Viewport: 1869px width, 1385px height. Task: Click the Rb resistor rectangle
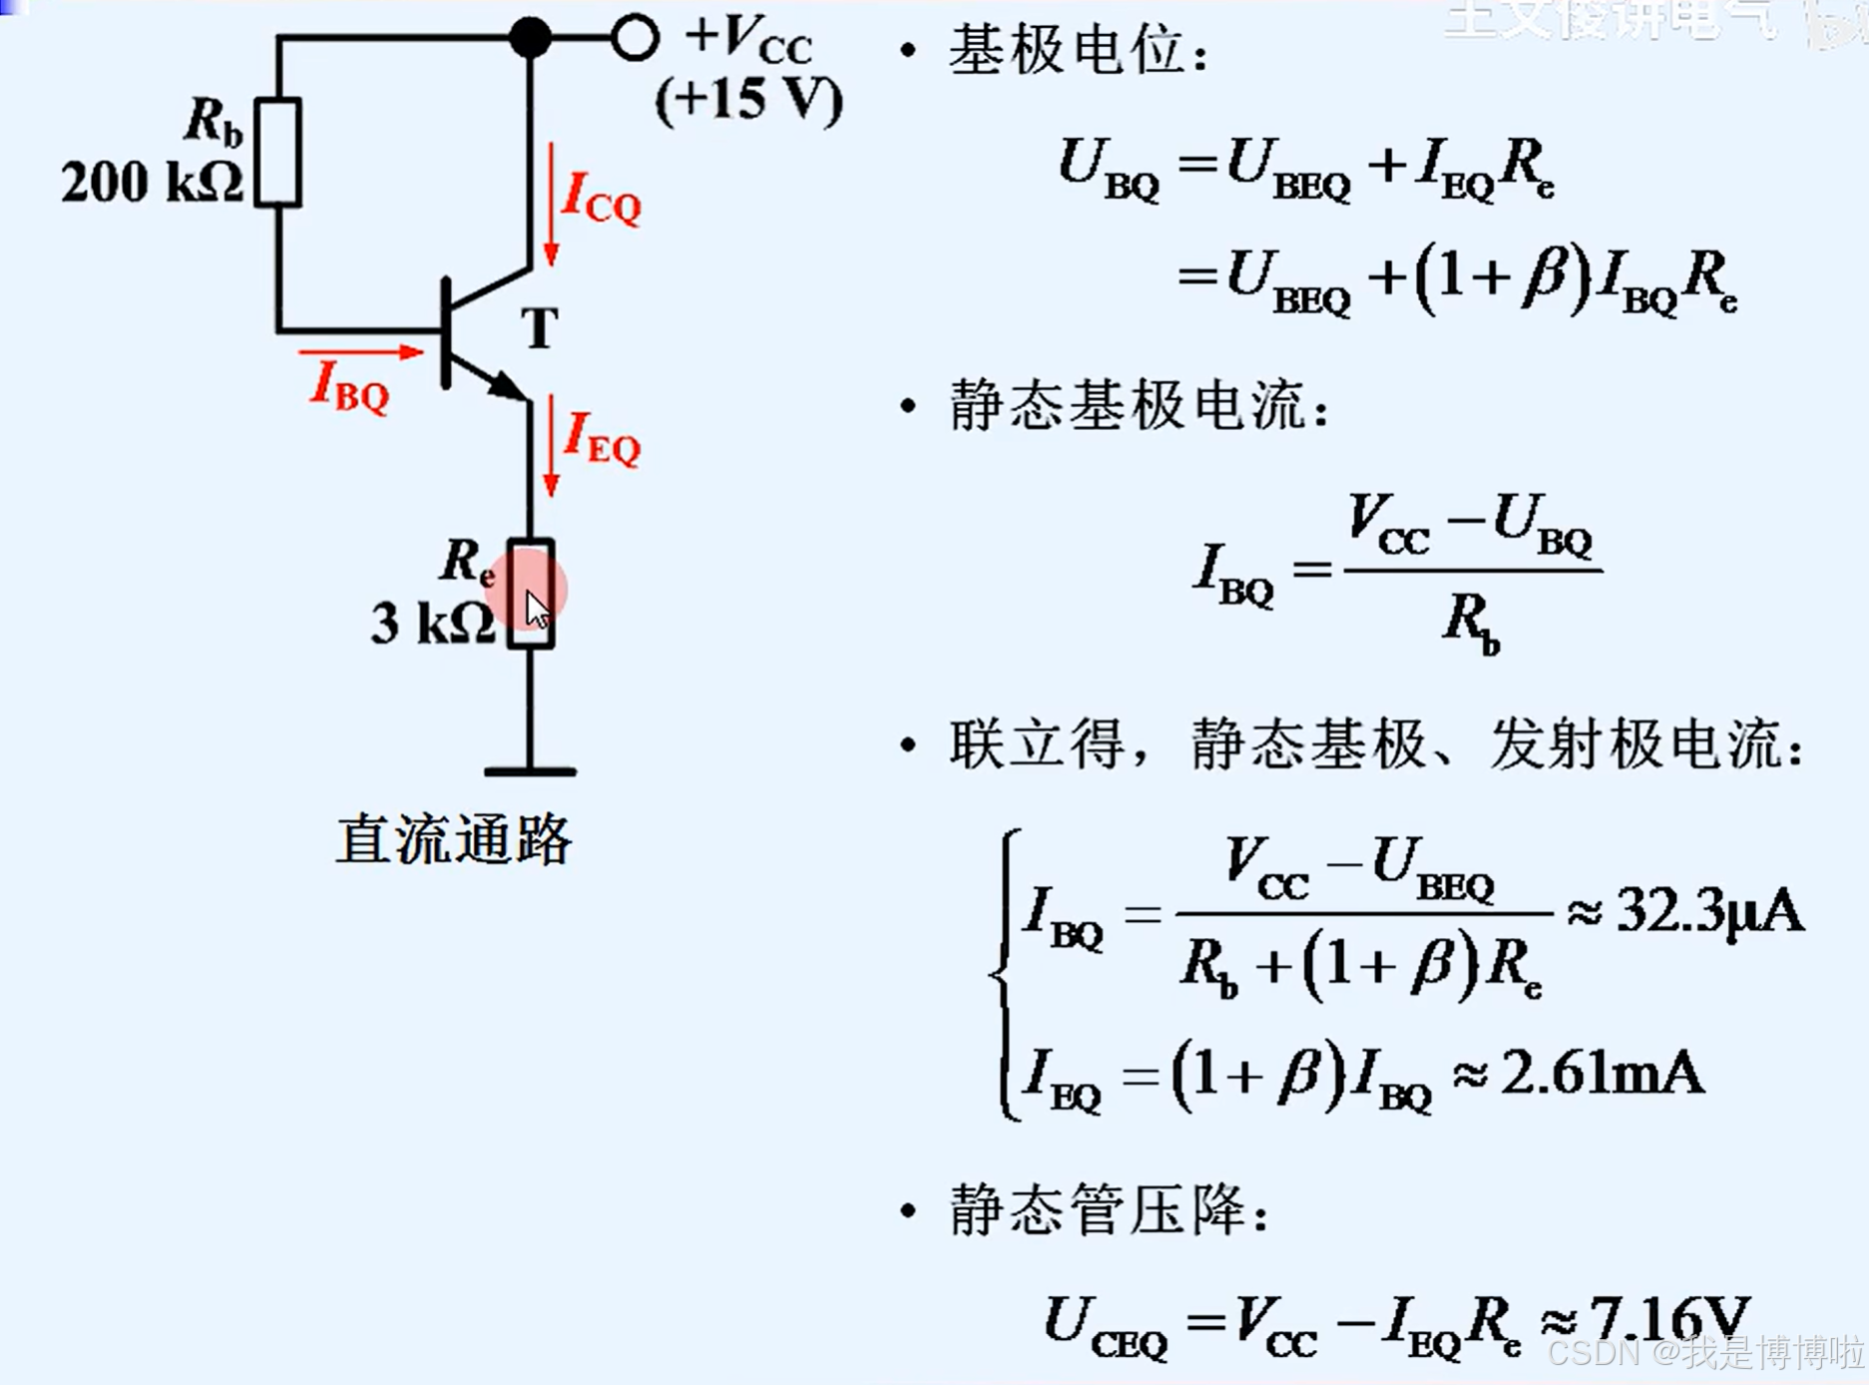(277, 153)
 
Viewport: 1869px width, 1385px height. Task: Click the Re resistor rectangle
(530, 595)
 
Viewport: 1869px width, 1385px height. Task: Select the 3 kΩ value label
(432, 625)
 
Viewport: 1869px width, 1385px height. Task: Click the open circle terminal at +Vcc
(635, 38)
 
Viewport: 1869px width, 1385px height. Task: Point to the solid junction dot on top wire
(530, 38)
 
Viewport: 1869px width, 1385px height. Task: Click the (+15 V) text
(748, 100)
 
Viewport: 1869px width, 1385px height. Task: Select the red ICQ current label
(601, 198)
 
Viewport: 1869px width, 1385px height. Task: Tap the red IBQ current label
(348, 386)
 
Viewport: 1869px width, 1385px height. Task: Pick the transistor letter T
(540, 328)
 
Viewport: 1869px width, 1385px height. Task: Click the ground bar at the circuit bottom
(530, 771)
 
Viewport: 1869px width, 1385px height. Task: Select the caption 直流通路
(454, 840)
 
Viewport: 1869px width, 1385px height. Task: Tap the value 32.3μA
(1709, 911)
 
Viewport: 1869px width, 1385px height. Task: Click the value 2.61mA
(1602, 1075)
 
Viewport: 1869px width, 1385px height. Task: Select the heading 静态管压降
(1109, 1210)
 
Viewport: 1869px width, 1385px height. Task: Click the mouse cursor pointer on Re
(537, 610)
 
